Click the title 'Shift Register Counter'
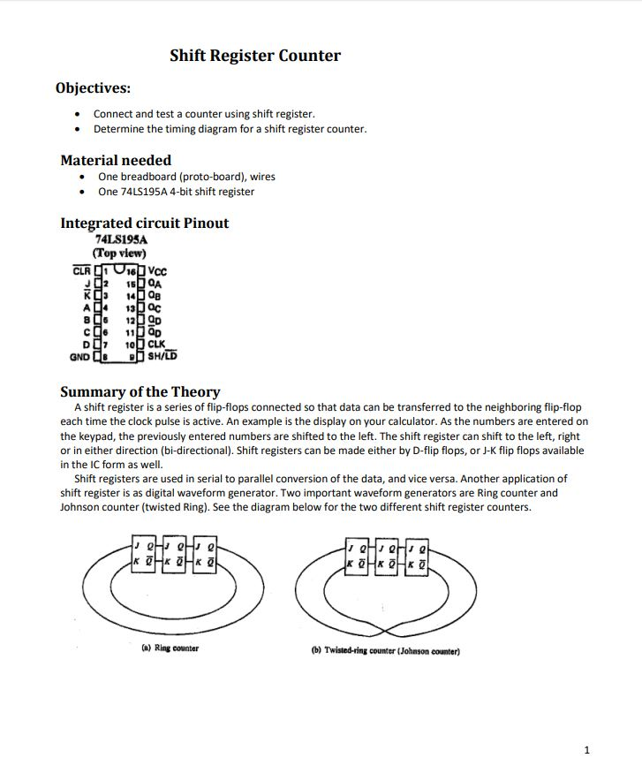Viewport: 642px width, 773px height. (255, 56)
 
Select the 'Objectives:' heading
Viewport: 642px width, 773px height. (93, 88)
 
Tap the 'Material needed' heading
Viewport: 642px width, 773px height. (116, 160)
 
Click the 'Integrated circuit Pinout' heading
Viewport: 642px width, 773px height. (144, 223)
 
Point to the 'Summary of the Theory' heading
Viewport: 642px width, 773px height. (140, 391)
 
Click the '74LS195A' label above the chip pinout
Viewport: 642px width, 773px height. (121, 239)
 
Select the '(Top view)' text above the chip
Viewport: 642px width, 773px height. (119, 253)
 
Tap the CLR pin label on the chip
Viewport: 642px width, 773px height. (81, 270)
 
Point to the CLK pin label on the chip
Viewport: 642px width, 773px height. (156, 345)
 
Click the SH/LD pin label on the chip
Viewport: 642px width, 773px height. (162, 357)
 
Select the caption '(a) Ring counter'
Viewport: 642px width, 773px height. (170, 648)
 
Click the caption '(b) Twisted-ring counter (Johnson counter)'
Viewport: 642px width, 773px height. (385, 651)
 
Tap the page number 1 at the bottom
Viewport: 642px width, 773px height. (586, 750)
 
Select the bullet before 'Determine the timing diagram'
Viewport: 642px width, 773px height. (79, 129)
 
